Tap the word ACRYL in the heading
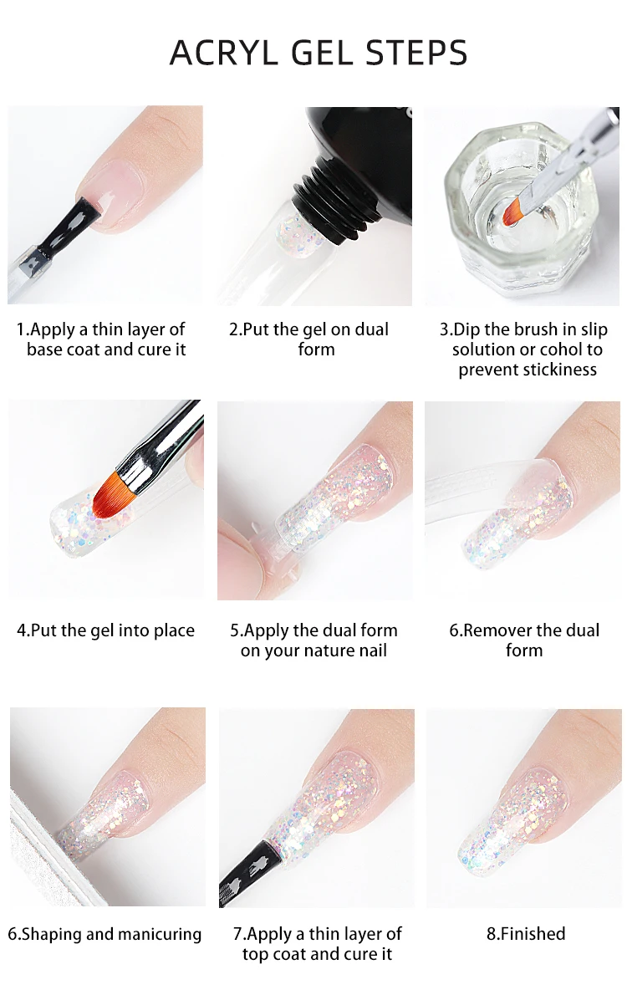224,53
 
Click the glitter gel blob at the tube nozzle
295,237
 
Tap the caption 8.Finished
526,934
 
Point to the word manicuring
160,935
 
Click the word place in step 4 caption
174,631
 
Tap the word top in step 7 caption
254,955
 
